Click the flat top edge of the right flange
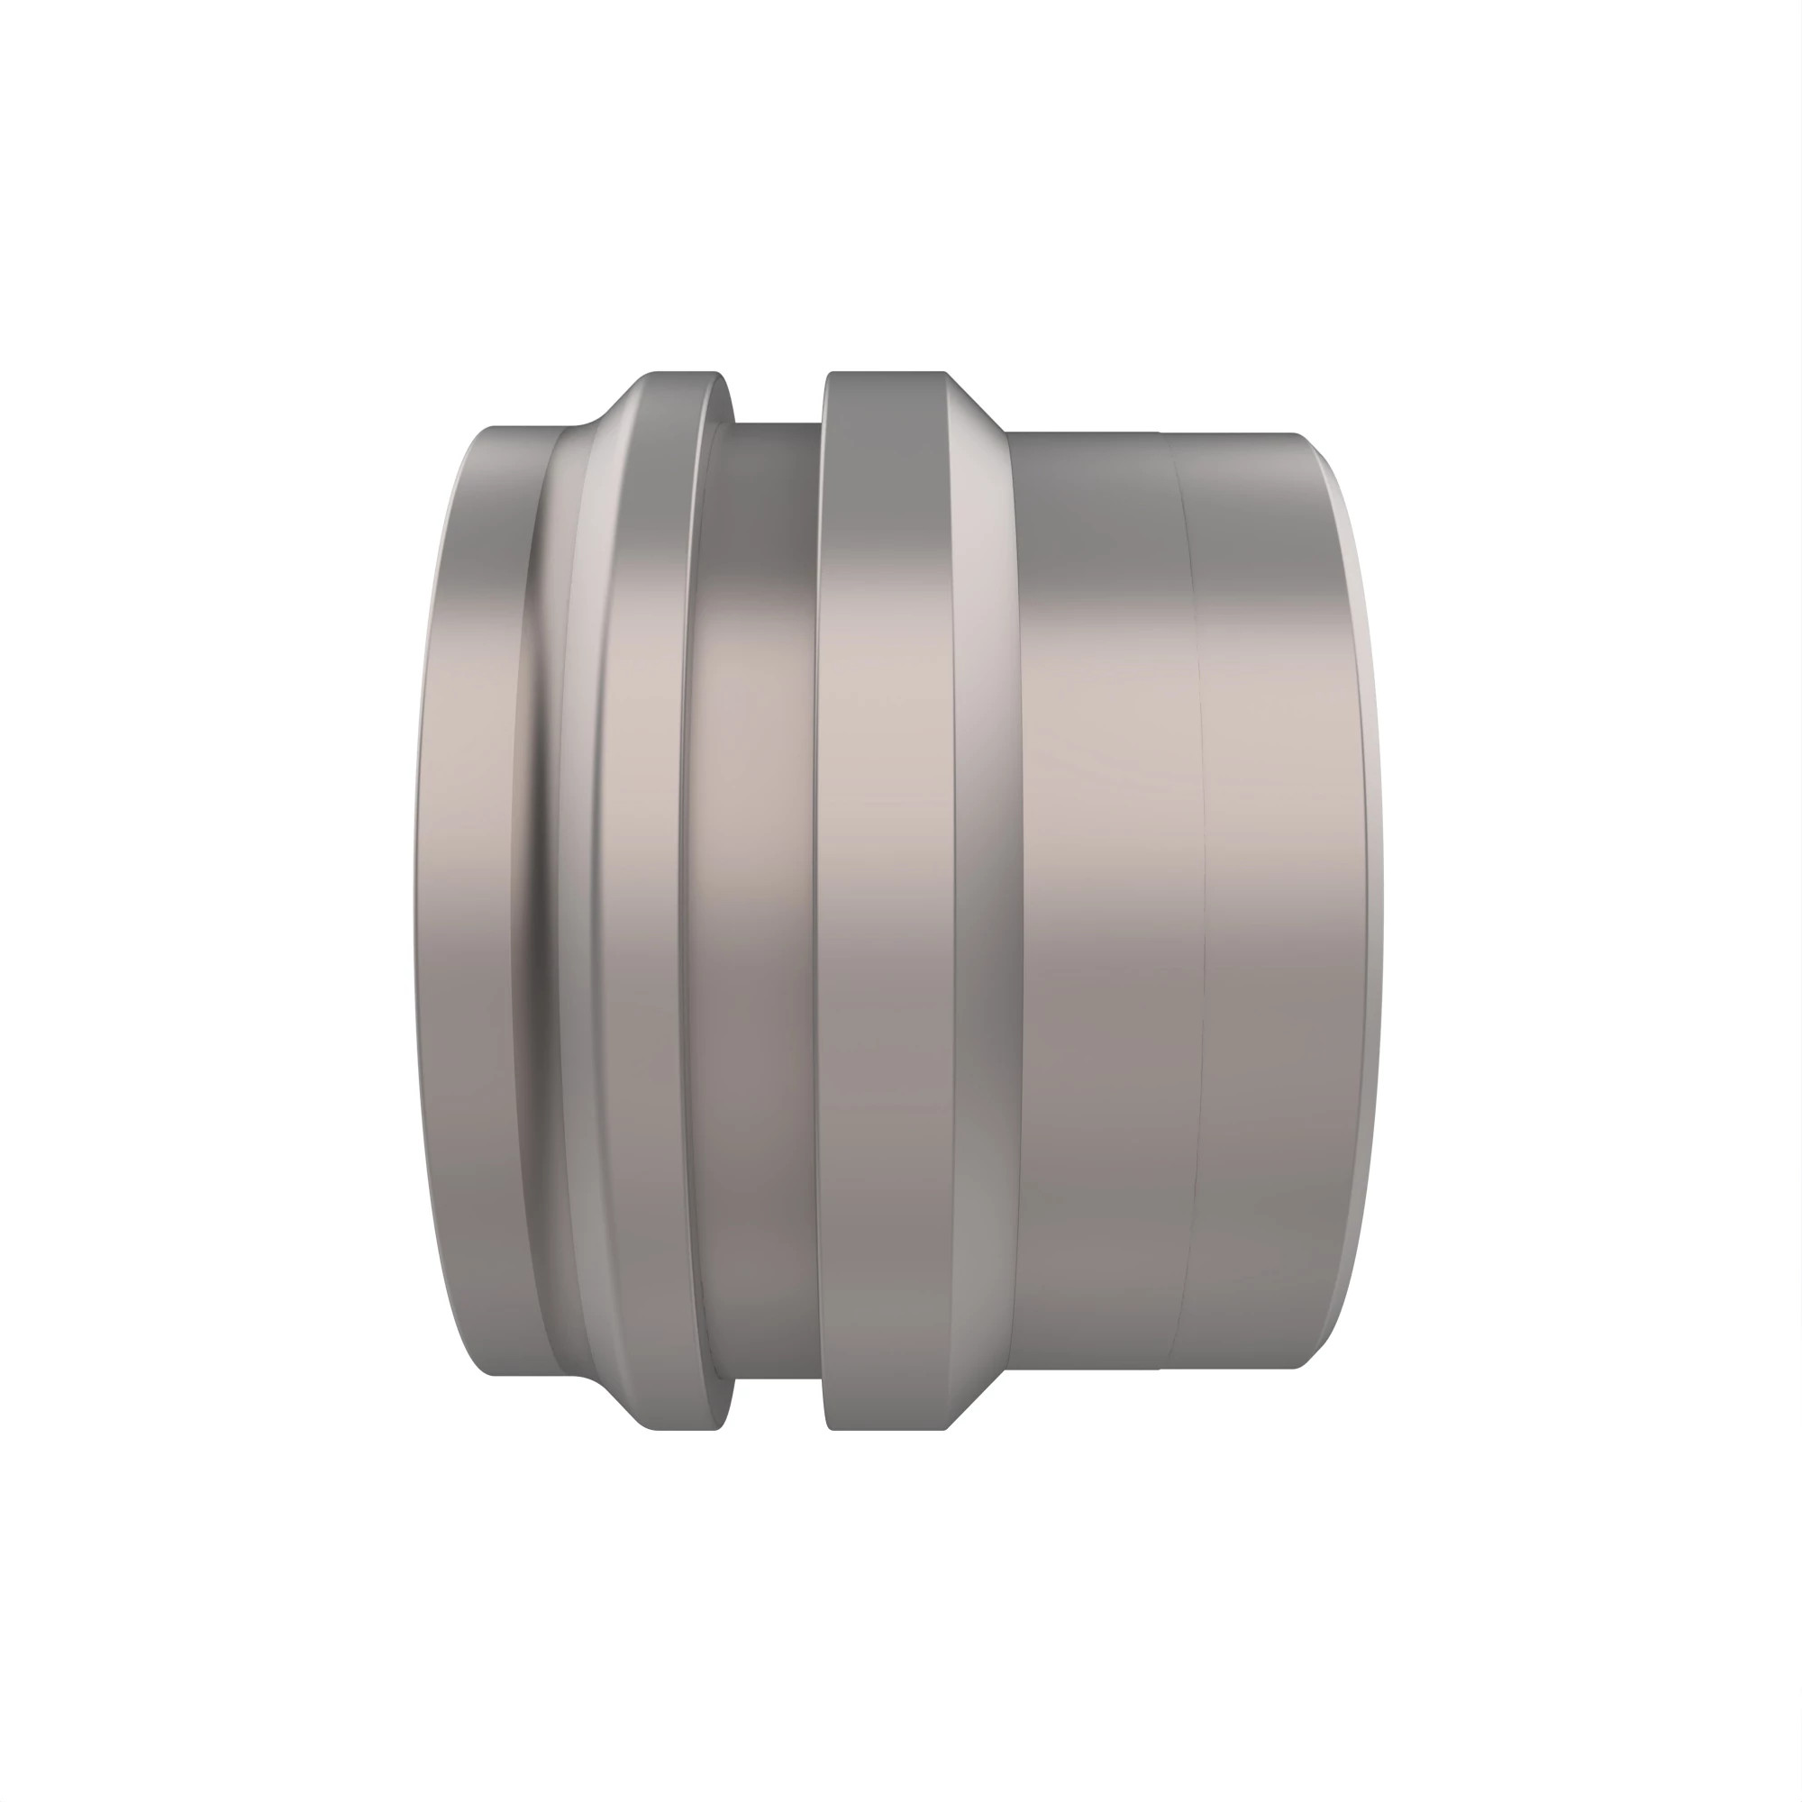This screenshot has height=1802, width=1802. (886, 374)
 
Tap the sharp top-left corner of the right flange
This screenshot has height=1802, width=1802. (829, 376)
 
